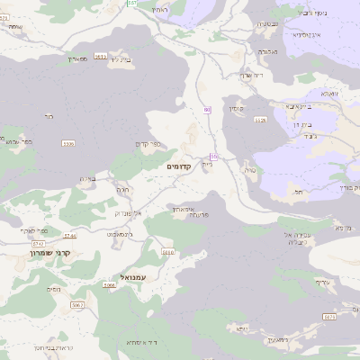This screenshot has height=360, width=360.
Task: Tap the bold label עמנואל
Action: tap(132, 278)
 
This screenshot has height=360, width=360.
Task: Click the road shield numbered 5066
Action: tap(109, 285)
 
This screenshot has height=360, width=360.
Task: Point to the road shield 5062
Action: tap(76, 305)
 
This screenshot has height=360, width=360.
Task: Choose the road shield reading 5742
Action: tap(38, 243)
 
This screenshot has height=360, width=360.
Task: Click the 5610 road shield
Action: tap(167, 252)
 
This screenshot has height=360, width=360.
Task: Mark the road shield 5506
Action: tap(67, 143)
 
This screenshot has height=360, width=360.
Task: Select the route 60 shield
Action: tap(207, 110)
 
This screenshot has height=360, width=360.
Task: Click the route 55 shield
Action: tap(214, 157)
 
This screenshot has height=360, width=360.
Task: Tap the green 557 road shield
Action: tap(132, 4)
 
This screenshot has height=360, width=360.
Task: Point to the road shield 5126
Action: tap(261, 119)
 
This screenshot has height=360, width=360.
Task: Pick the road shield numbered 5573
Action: tap(329, 316)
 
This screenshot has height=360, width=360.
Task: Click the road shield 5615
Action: tap(100, 56)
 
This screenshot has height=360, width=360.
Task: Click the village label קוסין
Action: tap(237, 108)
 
